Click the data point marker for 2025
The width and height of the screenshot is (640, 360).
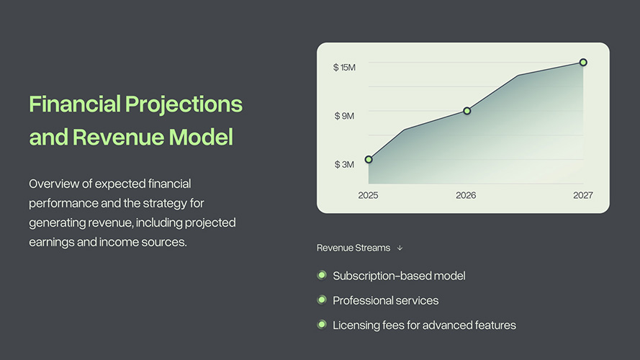369,159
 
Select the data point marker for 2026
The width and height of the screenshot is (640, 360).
467,111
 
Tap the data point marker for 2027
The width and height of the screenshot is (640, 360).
583,63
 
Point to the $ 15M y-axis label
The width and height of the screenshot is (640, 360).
344,68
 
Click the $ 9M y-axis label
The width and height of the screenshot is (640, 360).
344,116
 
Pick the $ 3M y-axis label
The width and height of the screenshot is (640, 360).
344,164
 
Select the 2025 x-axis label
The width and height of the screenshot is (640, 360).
368,196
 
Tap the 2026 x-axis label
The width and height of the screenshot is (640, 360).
466,196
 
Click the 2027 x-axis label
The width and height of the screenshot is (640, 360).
583,196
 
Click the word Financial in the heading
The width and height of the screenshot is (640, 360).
75,104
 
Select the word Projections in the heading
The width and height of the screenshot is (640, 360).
184,105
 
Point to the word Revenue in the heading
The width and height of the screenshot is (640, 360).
118,137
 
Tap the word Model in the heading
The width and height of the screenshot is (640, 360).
201,137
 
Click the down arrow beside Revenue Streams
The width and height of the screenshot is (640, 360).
400,248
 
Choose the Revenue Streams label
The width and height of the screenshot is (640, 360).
353,248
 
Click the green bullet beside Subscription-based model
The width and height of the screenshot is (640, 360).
322,275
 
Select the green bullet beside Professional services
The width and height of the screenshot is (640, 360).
322,300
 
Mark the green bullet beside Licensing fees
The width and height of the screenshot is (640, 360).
322,325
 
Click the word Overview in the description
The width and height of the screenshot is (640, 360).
54,184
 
